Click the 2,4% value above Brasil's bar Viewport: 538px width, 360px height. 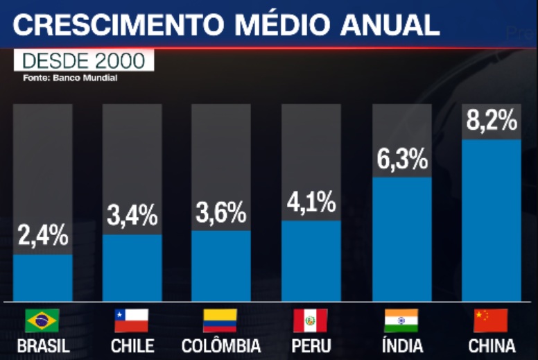[x=43, y=237]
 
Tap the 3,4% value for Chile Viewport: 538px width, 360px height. [x=132, y=216]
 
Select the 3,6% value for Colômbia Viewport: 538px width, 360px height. [x=221, y=212]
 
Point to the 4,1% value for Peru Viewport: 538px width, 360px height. [x=311, y=203]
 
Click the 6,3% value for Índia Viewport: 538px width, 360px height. [x=402, y=160]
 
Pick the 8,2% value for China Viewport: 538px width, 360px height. [x=492, y=121]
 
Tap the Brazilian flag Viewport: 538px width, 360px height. [x=42, y=320]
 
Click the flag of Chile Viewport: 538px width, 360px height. [x=132, y=320]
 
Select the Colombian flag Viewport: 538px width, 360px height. [x=220, y=320]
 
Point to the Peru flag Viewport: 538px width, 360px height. [x=310, y=320]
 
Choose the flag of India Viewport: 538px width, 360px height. [x=401, y=320]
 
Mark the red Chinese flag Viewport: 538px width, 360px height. [x=491, y=320]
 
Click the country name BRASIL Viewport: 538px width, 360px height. [x=42, y=345]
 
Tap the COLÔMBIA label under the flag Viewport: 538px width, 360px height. [x=220, y=345]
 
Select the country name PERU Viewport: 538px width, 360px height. [x=311, y=345]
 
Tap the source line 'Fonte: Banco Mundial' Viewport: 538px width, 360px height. [x=70, y=78]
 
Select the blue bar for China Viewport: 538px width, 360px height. [x=492, y=221]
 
